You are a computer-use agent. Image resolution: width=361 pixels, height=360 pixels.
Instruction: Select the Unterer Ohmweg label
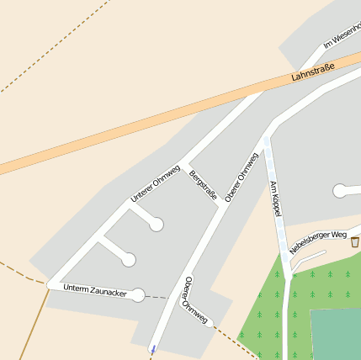pyautogui.click(x=155, y=183)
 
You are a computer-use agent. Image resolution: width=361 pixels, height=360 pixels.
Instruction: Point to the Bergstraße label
pyautogui.click(x=204, y=186)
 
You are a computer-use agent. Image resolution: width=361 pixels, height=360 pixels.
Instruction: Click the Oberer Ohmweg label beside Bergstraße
pyautogui.click(x=242, y=176)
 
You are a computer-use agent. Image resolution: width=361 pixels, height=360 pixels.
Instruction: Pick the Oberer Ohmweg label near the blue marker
pyautogui.click(x=194, y=299)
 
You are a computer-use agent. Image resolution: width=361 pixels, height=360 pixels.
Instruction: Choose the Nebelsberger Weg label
pyautogui.click(x=318, y=242)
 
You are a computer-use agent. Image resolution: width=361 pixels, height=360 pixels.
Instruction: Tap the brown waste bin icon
pyautogui.click(x=354, y=241)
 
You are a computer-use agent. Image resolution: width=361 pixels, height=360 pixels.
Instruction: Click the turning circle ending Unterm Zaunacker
pyautogui.click(x=138, y=294)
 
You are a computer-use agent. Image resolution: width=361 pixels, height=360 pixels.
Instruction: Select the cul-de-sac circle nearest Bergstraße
pyautogui.click(x=156, y=224)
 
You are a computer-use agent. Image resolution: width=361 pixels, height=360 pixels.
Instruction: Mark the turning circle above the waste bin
pyautogui.click(x=339, y=191)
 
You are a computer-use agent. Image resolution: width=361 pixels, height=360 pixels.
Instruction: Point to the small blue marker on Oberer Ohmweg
pyautogui.click(x=152, y=347)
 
